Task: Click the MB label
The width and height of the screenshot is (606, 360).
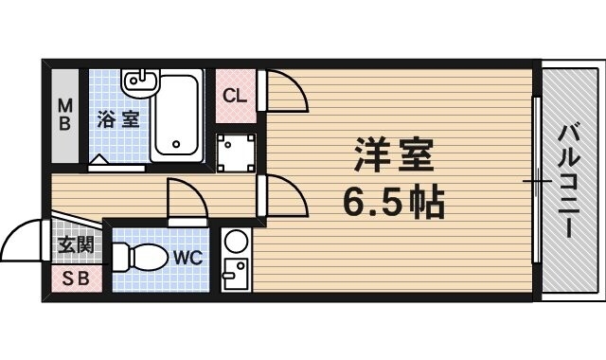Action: point(66,116)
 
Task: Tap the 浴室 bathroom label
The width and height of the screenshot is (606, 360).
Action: point(119,119)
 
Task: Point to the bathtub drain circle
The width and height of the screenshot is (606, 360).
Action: point(175,145)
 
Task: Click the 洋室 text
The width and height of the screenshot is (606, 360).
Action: point(392,152)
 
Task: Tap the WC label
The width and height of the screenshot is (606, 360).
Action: point(185,257)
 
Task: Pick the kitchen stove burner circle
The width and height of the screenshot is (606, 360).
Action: point(236,241)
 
